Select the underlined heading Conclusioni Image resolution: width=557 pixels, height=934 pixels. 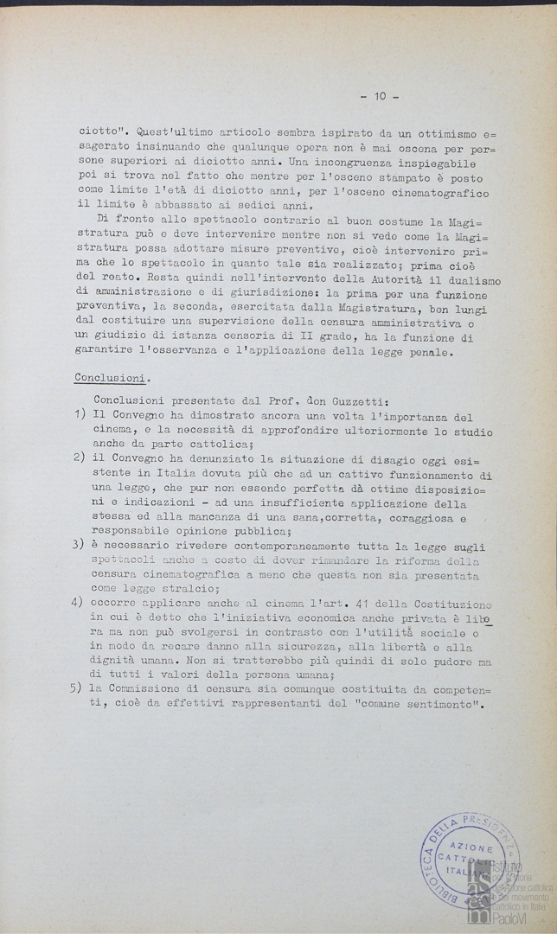click(x=115, y=378)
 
